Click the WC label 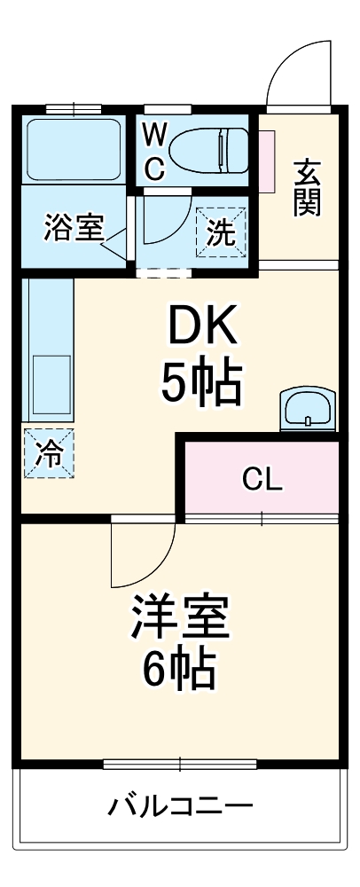(154, 150)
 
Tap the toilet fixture (210, 148)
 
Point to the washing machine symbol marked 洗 (222, 232)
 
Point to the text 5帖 (202, 384)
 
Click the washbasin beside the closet (306, 410)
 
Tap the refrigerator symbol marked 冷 (49, 454)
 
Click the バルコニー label (181, 807)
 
